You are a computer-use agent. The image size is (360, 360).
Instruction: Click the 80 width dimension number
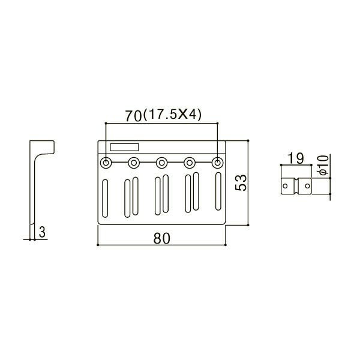pyautogui.click(x=161, y=238)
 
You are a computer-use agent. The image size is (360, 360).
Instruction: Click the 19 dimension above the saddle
pyautogui.click(x=295, y=159)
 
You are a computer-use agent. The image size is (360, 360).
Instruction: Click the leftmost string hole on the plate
pyautogui.click(x=106, y=162)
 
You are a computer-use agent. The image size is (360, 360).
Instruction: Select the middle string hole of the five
pyautogui.click(x=161, y=162)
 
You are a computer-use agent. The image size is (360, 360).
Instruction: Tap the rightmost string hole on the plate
pyautogui.click(x=217, y=162)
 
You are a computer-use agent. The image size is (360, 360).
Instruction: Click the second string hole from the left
pyautogui.click(x=134, y=162)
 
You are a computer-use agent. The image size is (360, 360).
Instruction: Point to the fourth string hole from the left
pyautogui.click(x=190, y=162)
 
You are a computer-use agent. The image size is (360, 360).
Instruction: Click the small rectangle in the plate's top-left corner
pyautogui.click(x=124, y=146)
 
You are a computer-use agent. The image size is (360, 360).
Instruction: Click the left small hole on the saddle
pyautogui.click(x=286, y=187)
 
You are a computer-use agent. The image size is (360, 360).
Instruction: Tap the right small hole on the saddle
pyautogui.click(x=307, y=187)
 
